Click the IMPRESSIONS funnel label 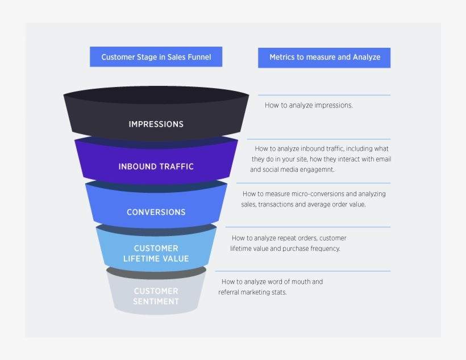tap(156, 124)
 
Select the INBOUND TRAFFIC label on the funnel tap(156, 167)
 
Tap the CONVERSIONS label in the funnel tap(156, 212)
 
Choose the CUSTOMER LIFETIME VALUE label tap(156, 254)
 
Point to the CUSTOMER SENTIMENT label tap(156, 296)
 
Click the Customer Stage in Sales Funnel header tap(156, 57)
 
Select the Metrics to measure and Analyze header tap(324, 57)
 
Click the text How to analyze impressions tap(309, 105)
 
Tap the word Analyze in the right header tap(367, 57)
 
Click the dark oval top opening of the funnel tap(156, 95)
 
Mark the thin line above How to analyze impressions tap(324, 95)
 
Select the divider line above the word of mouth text tap(302, 271)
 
